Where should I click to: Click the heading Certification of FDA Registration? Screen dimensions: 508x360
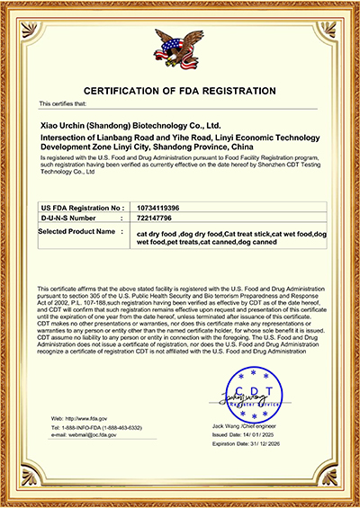click(179, 92)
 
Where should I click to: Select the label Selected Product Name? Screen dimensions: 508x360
click(81, 231)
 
